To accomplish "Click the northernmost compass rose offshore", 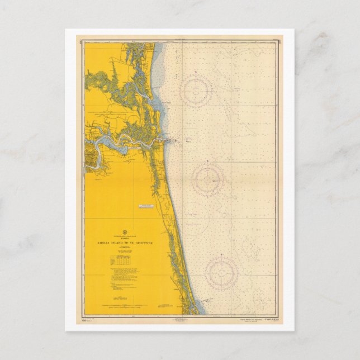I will click(x=196, y=91).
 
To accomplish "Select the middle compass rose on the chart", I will click(x=208, y=180).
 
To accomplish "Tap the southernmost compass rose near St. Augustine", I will click(x=221, y=273).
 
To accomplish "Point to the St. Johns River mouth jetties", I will click(x=168, y=140).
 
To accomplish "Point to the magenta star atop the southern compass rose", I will click(x=221, y=255).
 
